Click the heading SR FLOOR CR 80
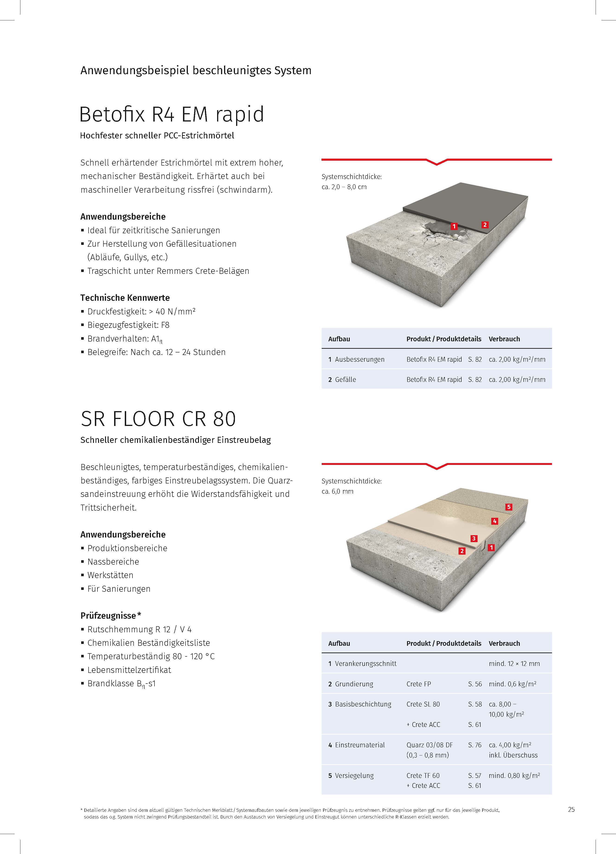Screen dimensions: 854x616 tap(158, 419)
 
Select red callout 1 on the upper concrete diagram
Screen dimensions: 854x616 tap(454, 226)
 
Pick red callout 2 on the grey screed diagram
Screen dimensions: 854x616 tap(485, 225)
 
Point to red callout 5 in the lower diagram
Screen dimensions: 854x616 tap(509, 507)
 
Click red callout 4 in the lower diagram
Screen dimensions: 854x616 tap(495, 521)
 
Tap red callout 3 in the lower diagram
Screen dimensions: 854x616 tap(474, 538)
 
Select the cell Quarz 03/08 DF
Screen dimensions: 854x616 tap(430, 745)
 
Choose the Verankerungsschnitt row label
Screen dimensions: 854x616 tap(365, 663)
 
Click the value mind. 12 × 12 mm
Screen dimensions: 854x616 tap(514, 663)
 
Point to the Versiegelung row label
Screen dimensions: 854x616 tap(354, 775)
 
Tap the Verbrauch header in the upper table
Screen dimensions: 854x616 tap(504, 339)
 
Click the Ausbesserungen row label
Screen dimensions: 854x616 tap(359, 359)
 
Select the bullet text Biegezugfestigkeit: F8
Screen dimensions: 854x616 tap(128, 325)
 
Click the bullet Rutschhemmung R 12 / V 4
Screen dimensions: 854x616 tap(139, 629)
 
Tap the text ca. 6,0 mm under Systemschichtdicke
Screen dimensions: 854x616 tap(337, 491)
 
